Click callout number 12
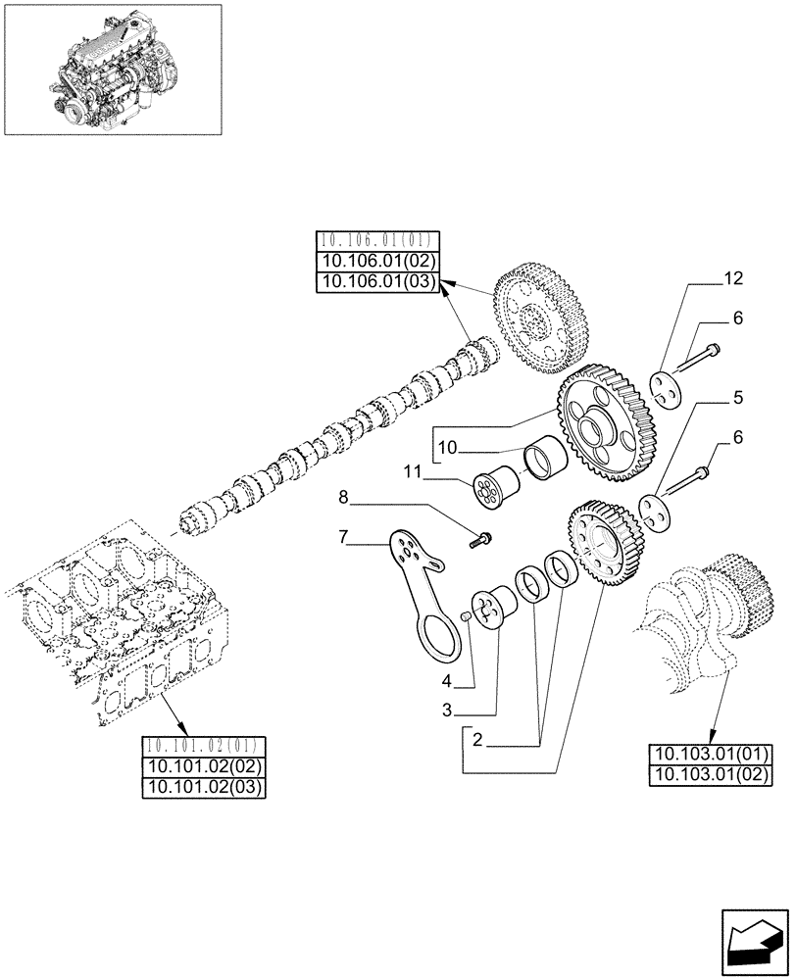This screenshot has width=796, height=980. [733, 279]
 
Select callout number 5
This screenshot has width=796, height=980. [737, 399]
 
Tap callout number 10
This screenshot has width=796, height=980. [448, 448]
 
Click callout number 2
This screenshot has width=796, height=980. [476, 742]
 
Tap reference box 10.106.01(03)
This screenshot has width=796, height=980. [378, 282]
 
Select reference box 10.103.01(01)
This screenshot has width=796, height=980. [711, 755]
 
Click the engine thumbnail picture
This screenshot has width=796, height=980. [112, 70]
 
